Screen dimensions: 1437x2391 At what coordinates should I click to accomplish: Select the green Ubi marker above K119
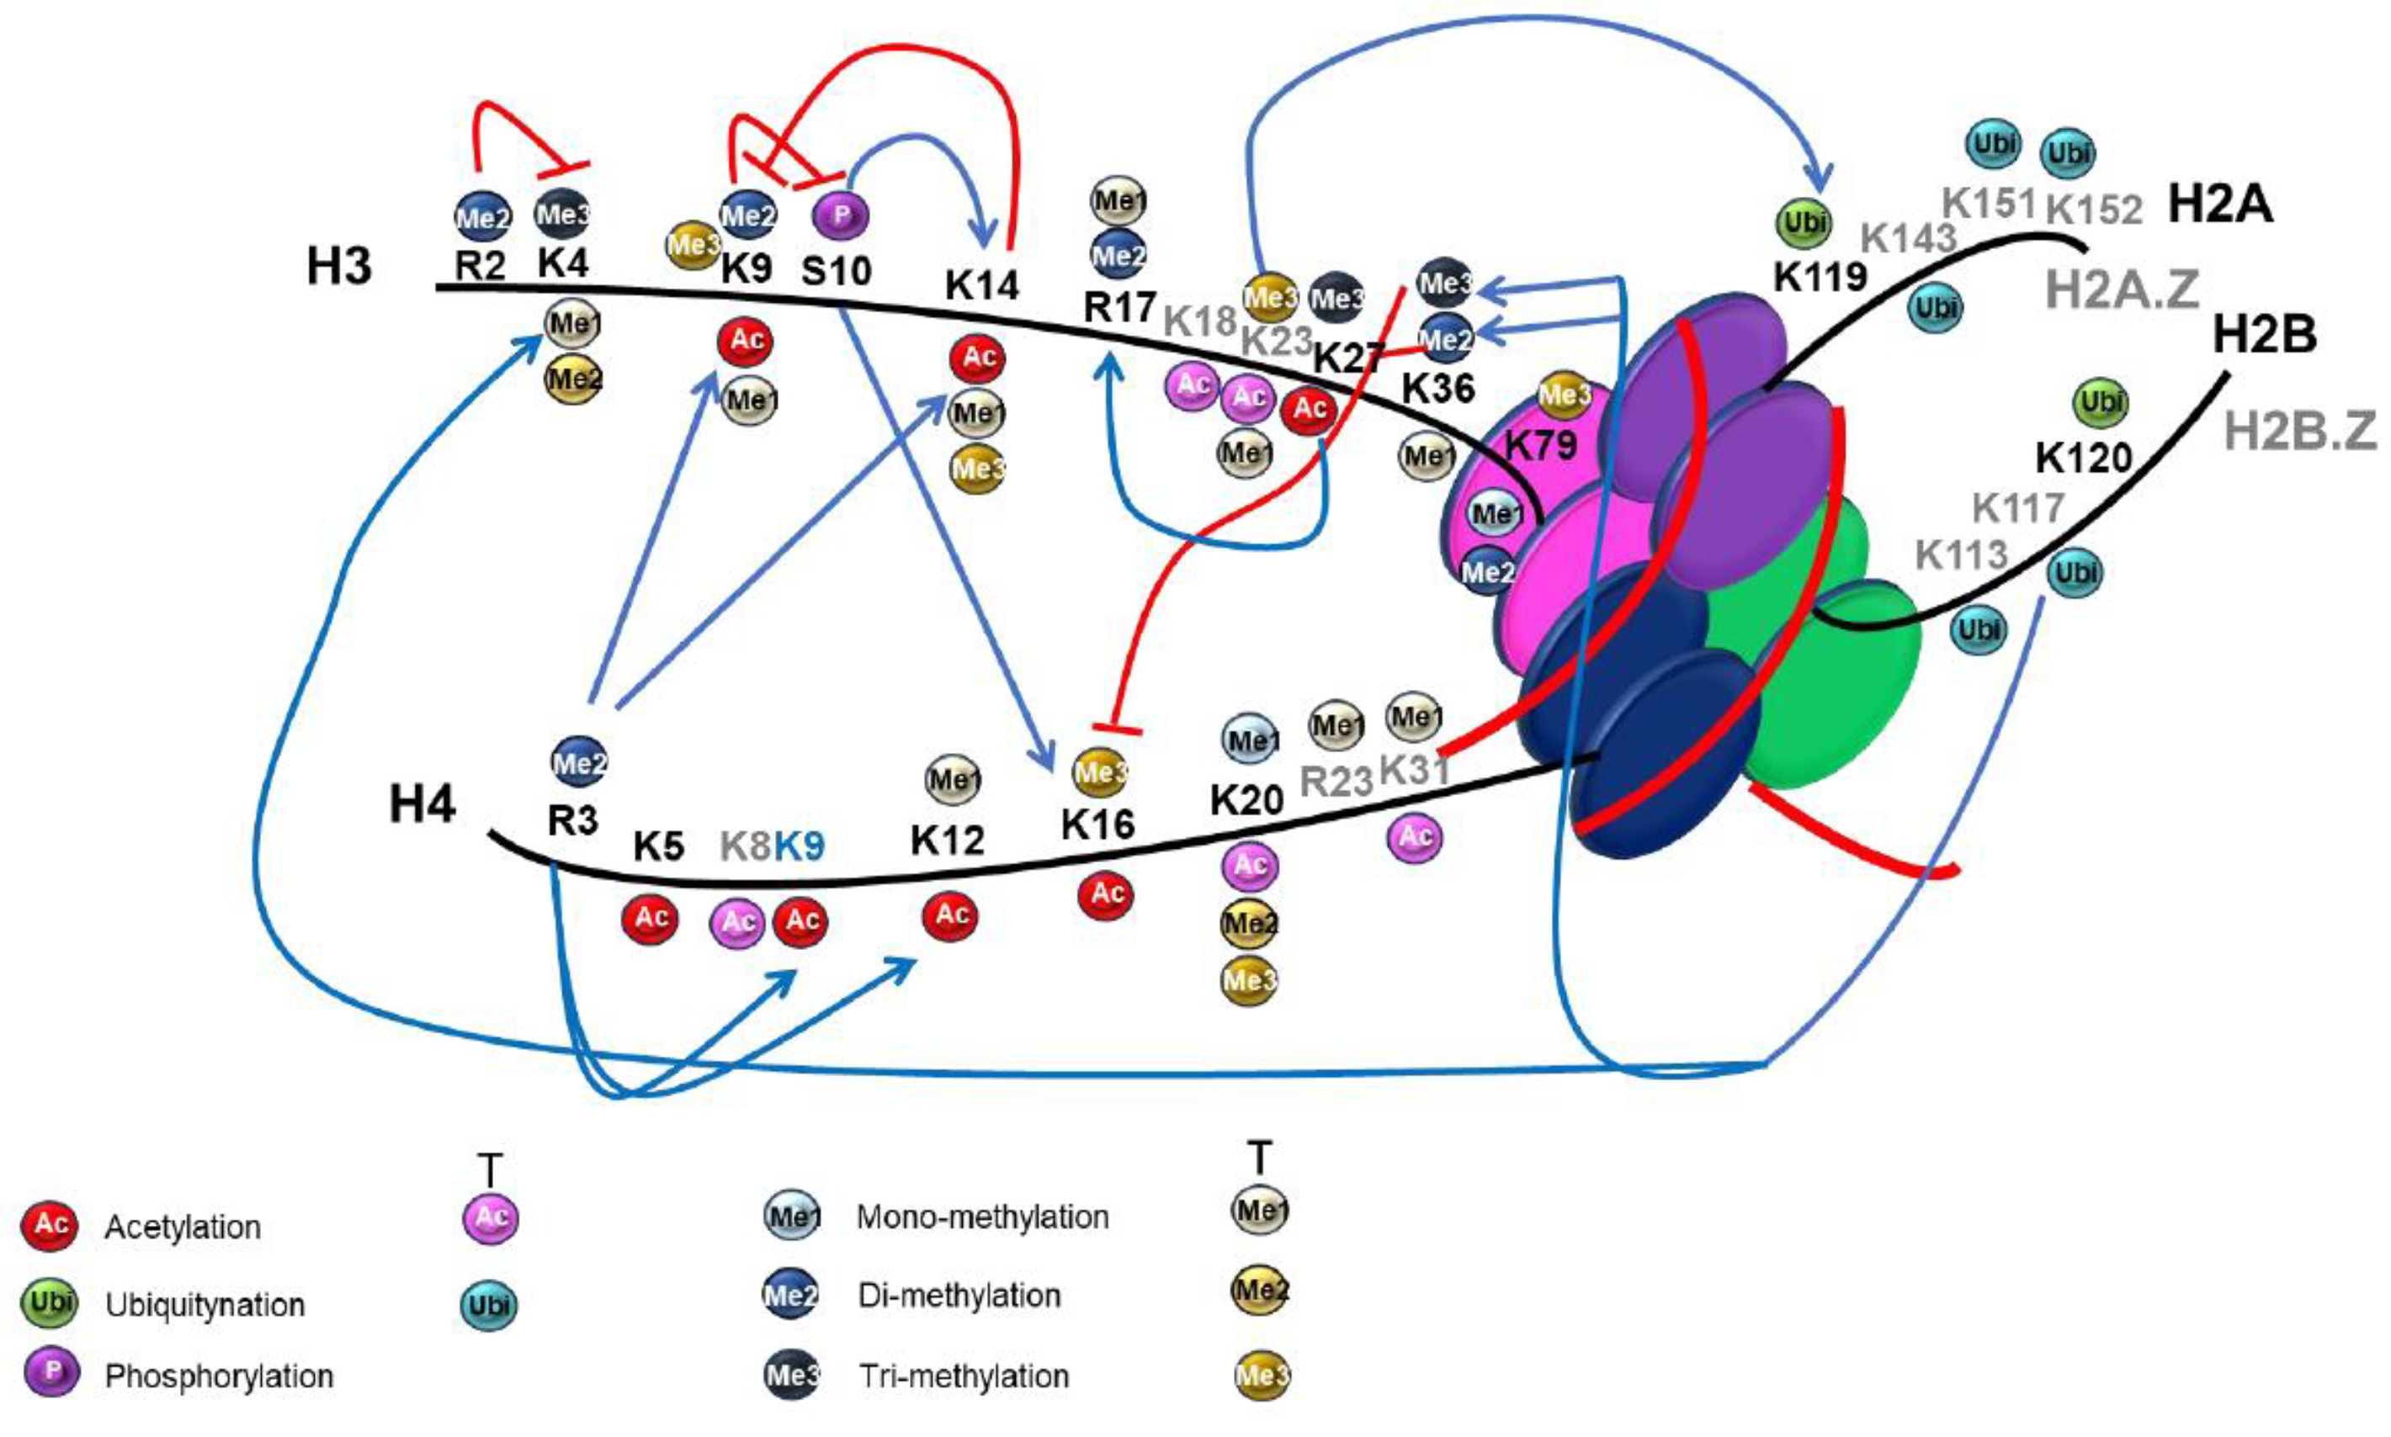(1804, 222)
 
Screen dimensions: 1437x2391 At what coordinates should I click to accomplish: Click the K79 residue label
(1540, 444)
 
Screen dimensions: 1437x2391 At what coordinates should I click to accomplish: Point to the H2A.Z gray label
(2122, 289)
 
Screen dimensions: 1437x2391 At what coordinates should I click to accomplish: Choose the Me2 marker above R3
(578, 763)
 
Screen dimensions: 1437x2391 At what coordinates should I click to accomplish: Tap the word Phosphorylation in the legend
(219, 1376)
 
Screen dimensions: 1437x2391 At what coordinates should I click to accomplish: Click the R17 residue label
(1118, 307)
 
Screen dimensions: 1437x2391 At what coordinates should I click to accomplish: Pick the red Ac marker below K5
(649, 917)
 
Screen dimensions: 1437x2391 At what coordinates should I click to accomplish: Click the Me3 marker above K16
(1100, 772)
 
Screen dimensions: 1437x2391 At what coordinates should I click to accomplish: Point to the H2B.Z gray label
(2300, 431)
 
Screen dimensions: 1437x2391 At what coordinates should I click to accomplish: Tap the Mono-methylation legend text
(982, 1217)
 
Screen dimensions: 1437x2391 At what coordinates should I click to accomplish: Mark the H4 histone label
(422, 803)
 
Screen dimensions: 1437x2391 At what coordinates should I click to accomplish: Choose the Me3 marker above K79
(1564, 394)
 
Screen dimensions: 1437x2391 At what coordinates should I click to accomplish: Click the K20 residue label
(1246, 800)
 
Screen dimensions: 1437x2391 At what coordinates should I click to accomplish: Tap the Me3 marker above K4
(561, 214)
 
